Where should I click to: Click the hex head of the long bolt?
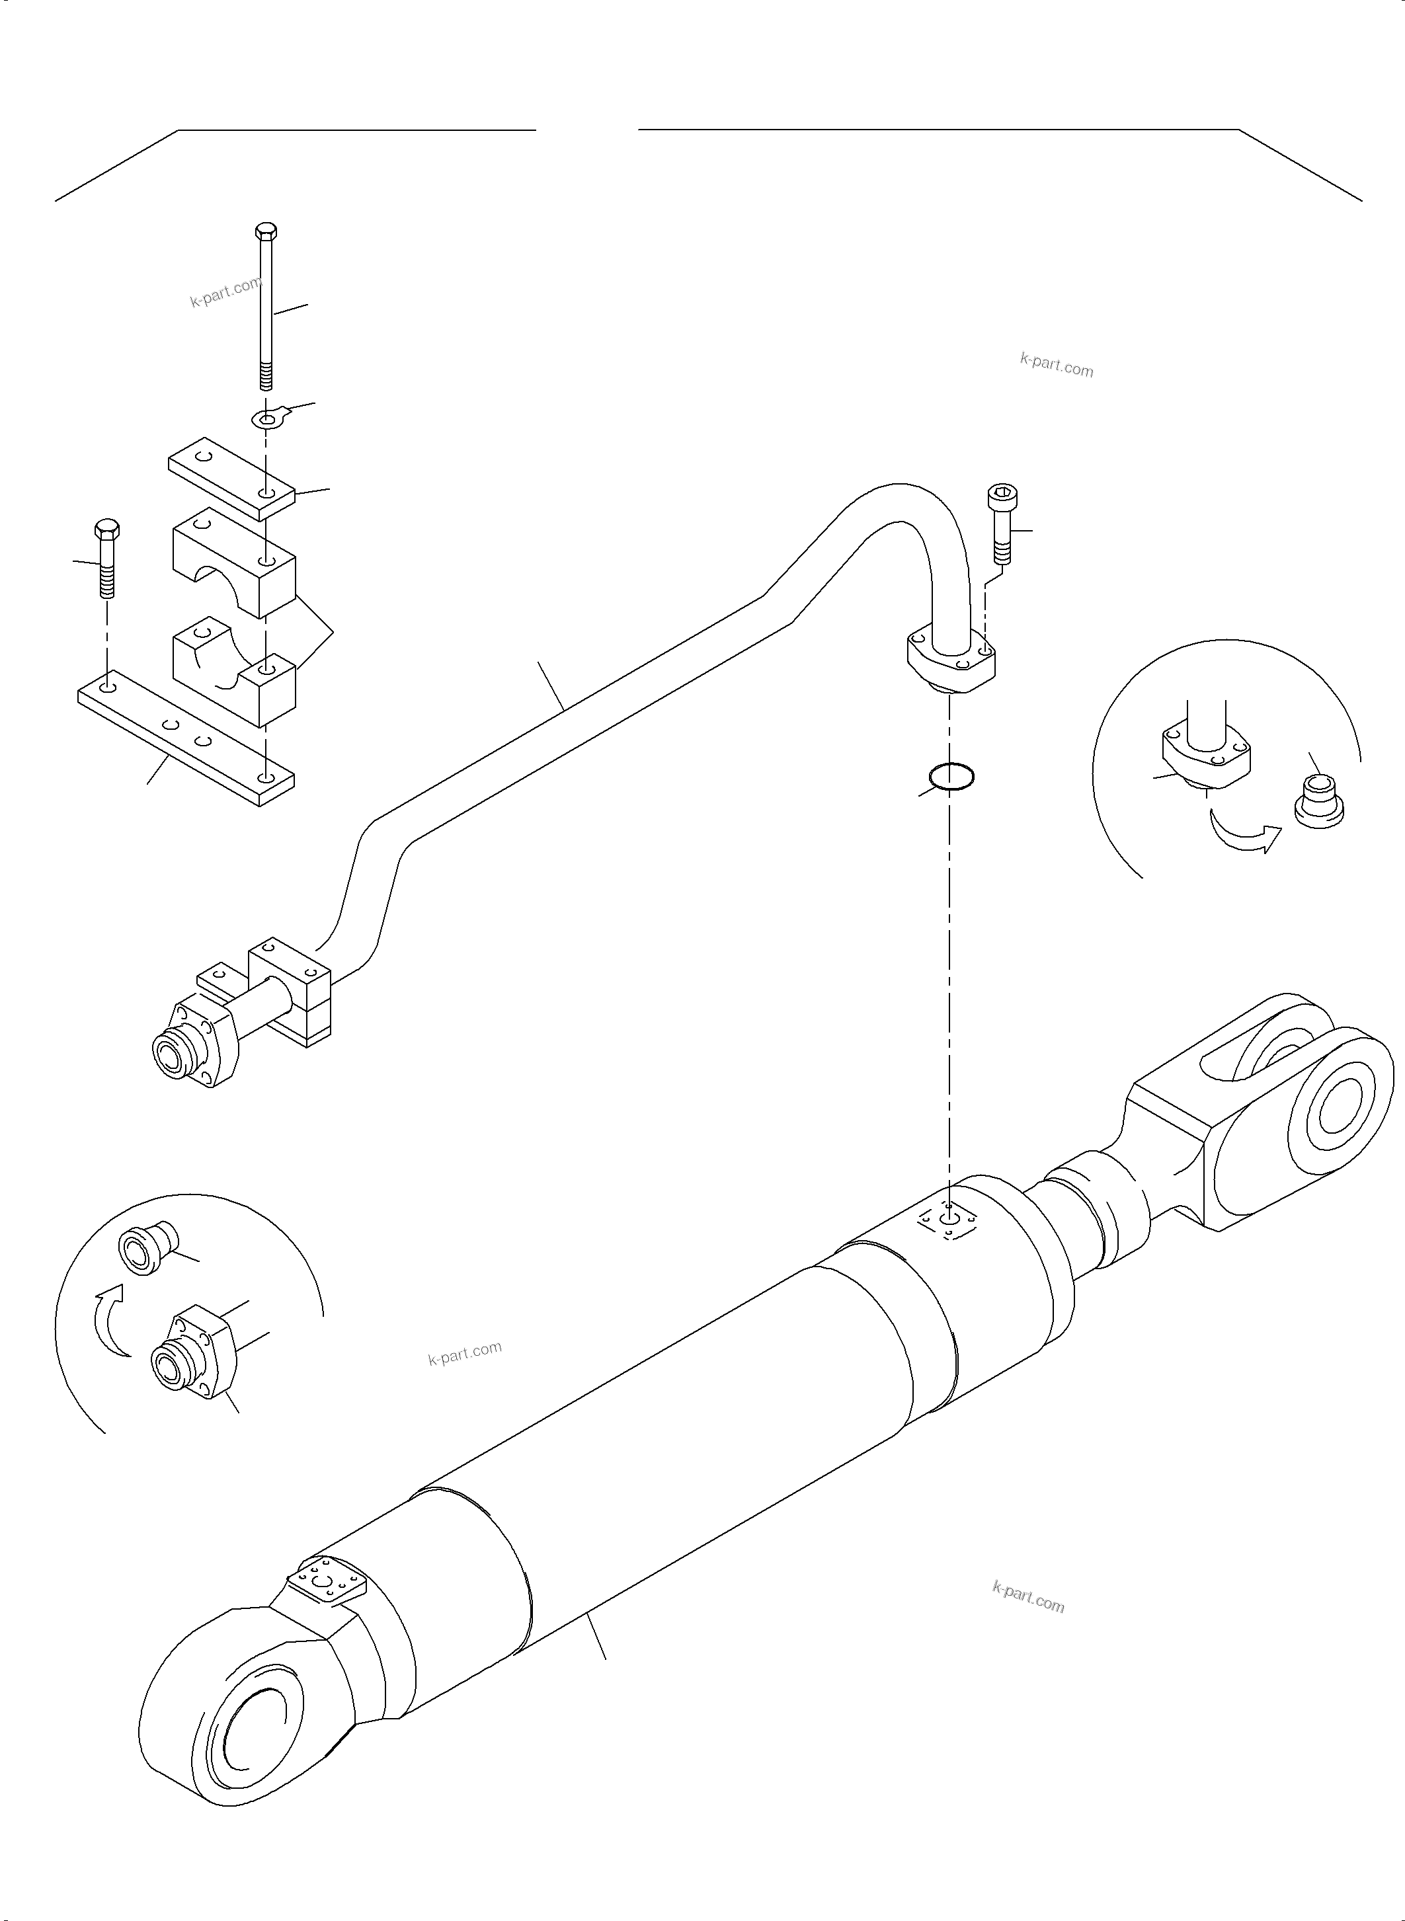coord(265,231)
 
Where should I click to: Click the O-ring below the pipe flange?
coord(951,775)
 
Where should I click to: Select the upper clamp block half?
coord(234,561)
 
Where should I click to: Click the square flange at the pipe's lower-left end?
coord(204,1044)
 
